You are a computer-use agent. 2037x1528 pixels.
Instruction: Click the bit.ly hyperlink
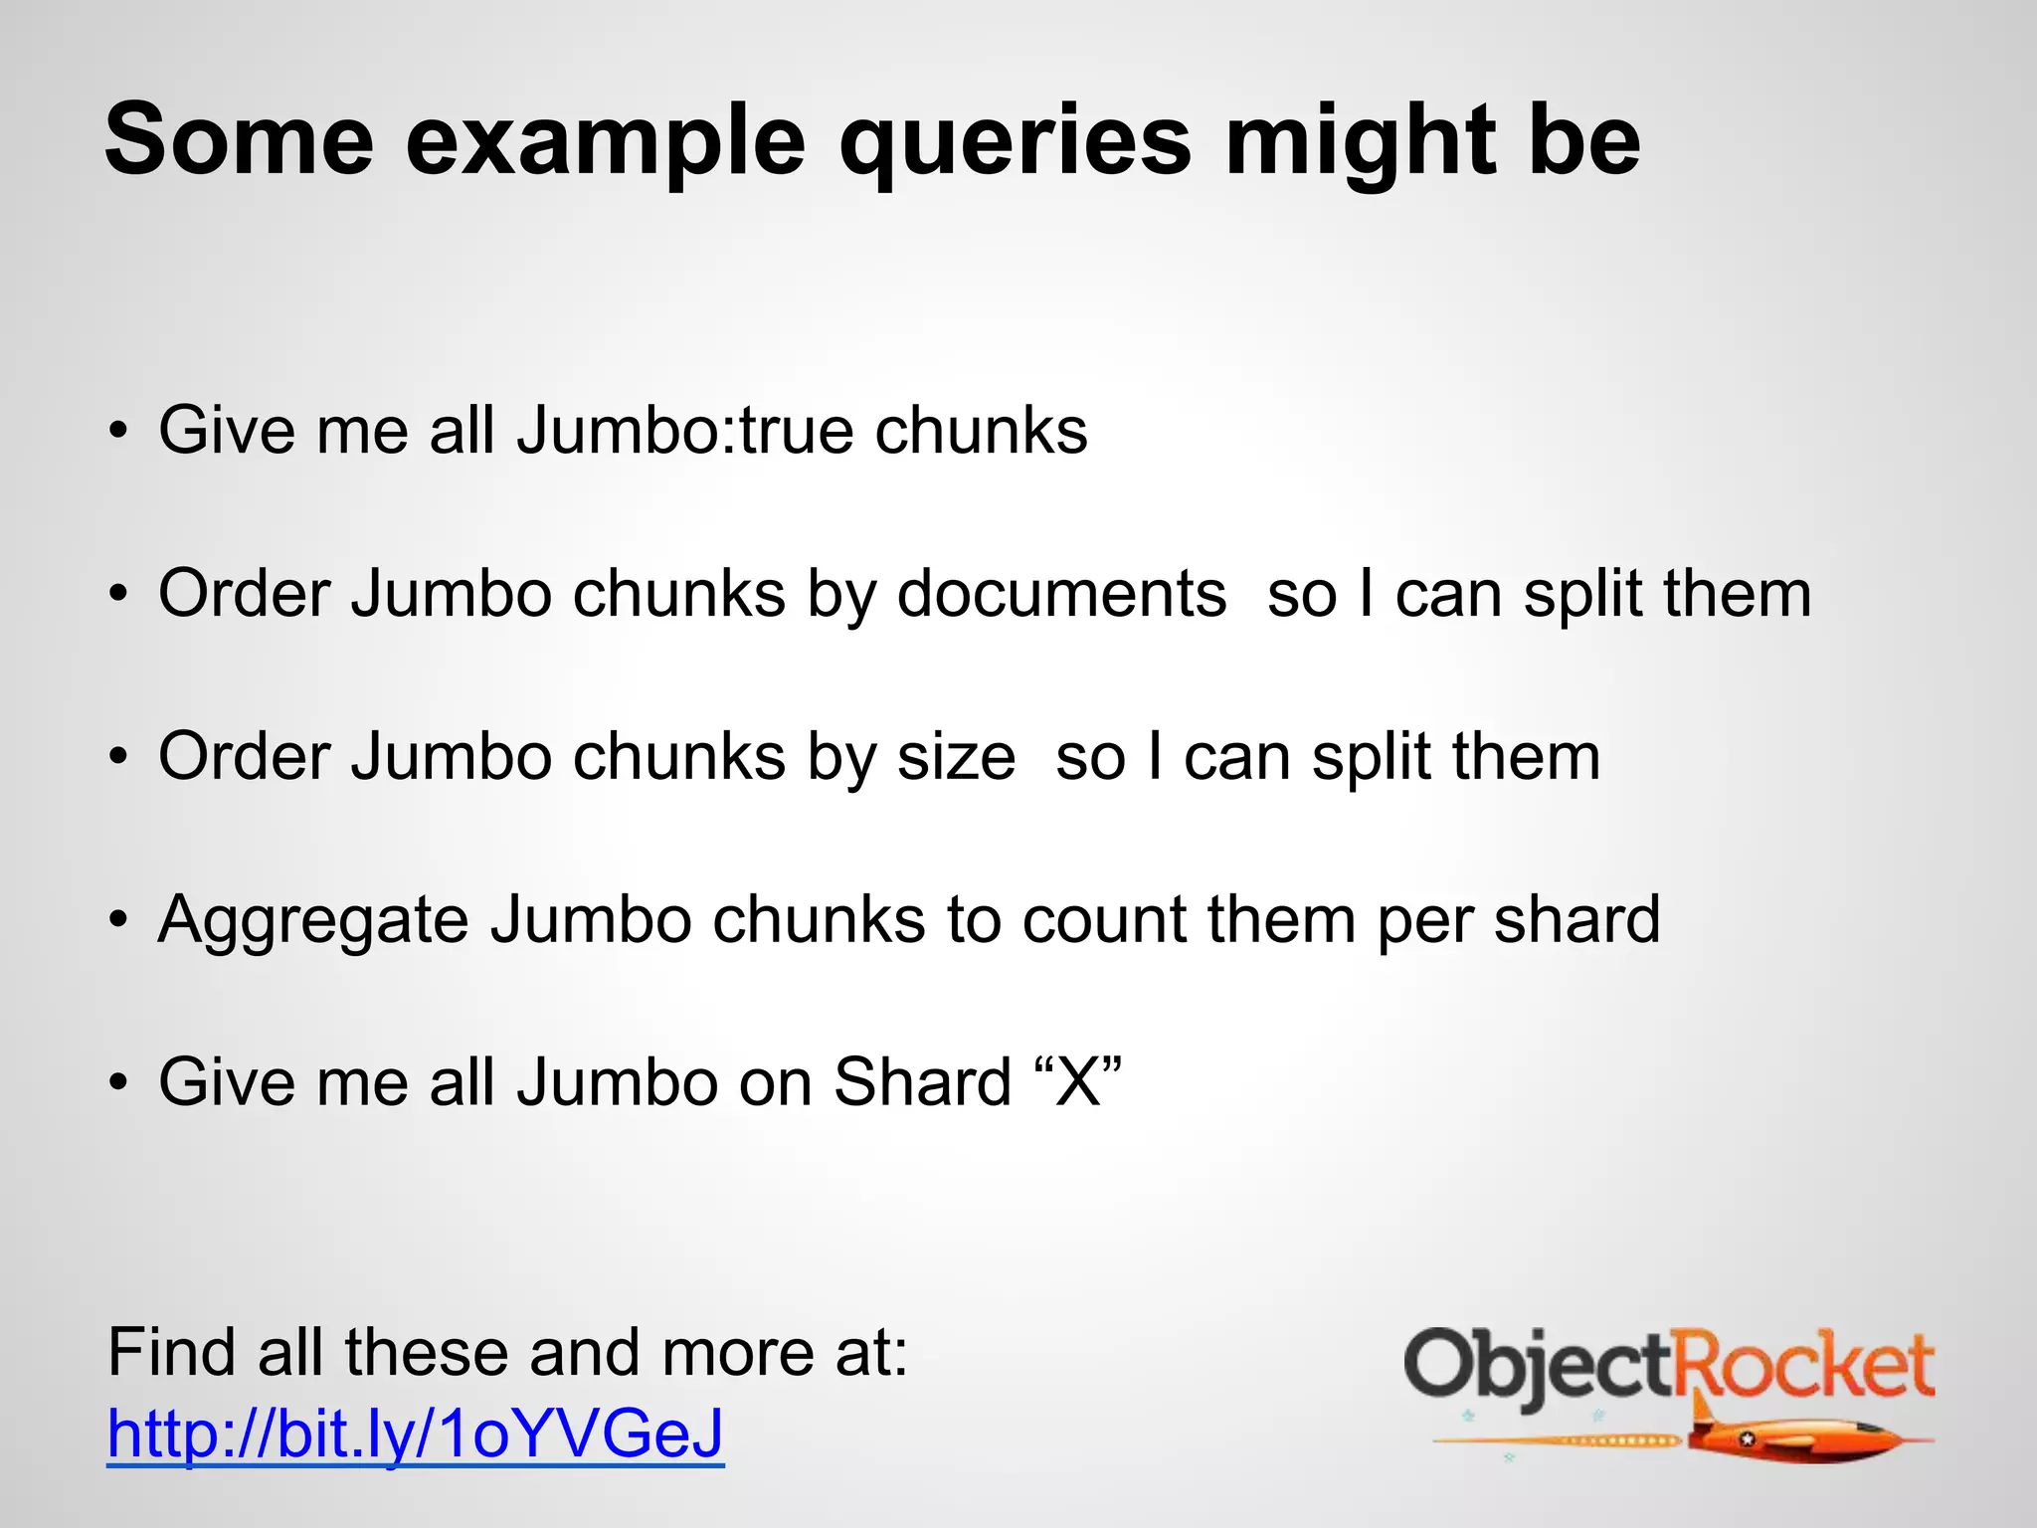pyautogui.click(x=415, y=1433)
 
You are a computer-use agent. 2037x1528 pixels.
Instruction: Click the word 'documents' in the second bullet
pyautogui.click(x=1061, y=595)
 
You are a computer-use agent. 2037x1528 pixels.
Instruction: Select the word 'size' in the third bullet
pyautogui.click(x=956, y=757)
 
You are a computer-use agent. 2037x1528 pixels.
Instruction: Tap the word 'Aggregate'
pyautogui.click(x=313, y=921)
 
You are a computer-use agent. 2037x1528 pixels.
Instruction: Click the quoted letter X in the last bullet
pyautogui.click(x=1078, y=1082)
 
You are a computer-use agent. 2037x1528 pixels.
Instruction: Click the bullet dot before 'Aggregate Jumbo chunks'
pyautogui.click(x=119, y=920)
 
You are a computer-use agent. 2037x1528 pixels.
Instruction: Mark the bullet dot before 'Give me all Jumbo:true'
pyautogui.click(x=119, y=432)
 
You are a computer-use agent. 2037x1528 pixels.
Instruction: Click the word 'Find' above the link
pyautogui.click(x=171, y=1353)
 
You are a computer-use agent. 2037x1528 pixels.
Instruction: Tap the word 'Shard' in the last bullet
pyautogui.click(x=922, y=1082)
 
